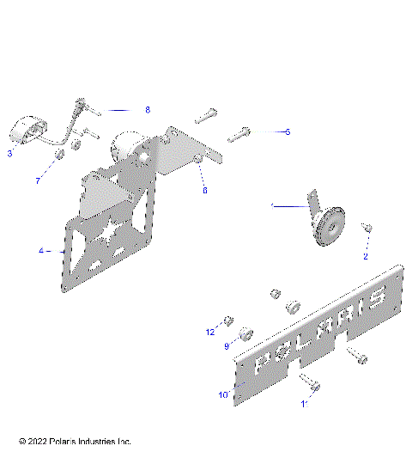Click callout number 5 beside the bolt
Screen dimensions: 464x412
288,131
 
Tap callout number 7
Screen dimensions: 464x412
37,181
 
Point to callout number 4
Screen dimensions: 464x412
40,251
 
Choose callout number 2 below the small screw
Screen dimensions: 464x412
365,256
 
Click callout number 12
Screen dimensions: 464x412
209,332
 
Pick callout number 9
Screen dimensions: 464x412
227,346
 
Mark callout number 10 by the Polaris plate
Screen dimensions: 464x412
223,395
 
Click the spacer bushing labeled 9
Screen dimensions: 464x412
245,333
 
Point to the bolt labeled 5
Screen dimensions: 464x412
239,134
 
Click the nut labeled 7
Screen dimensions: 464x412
61,156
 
